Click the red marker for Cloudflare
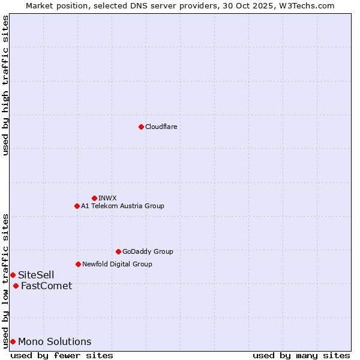(141, 127)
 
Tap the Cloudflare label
(161, 127)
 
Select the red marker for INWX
(94, 198)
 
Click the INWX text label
(107, 198)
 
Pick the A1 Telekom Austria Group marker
(77, 206)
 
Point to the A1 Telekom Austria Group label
(122, 206)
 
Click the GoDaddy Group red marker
(118, 251)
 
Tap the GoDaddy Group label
(148, 251)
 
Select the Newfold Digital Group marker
(78, 264)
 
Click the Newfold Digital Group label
(117, 264)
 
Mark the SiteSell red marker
(13, 275)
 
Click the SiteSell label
(36, 275)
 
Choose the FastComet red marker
(16, 286)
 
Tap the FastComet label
(46, 286)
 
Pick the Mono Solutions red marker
(13, 341)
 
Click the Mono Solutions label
(55, 341)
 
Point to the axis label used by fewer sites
(62, 355)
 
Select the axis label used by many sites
(301, 355)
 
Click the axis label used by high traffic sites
(5, 85)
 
